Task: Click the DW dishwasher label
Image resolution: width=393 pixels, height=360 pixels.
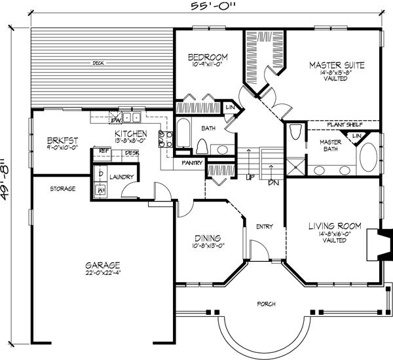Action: click(115, 120)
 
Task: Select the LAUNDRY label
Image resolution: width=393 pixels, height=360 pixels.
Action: click(122, 177)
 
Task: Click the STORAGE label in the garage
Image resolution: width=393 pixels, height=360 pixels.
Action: click(63, 189)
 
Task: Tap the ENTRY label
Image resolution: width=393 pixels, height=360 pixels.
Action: click(264, 226)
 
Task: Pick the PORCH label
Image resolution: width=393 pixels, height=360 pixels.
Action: click(266, 304)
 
